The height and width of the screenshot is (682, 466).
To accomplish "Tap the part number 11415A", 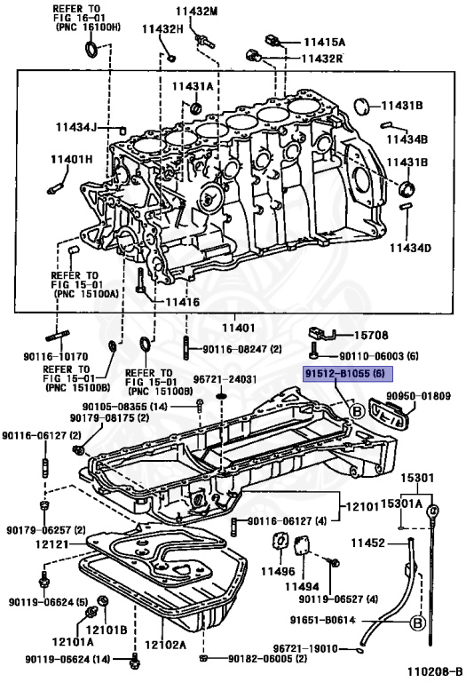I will click(x=325, y=42).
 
